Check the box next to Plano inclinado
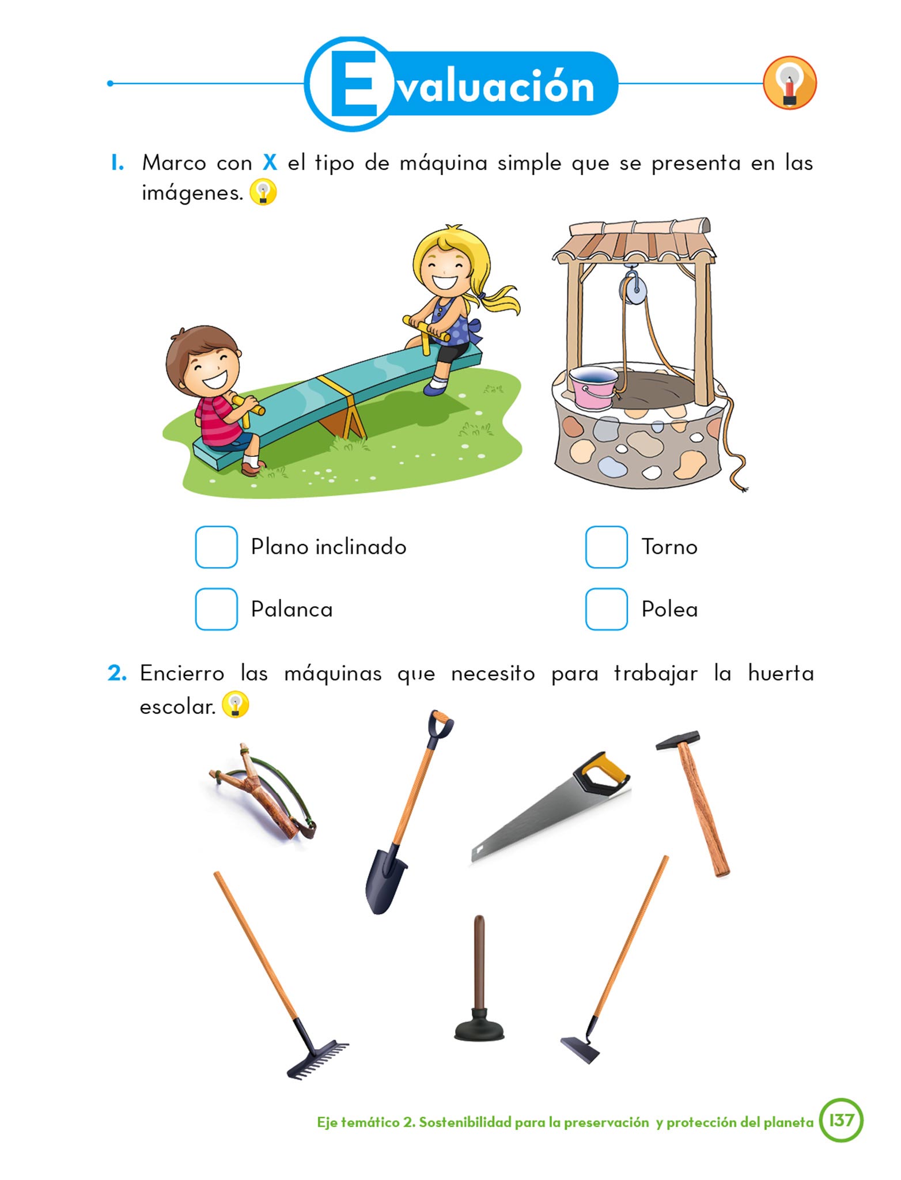click(216, 547)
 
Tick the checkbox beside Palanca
click(216, 609)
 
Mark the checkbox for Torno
click(606, 547)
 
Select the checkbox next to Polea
click(606, 609)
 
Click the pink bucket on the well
click(593, 387)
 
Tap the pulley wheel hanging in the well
click(633, 288)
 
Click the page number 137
click(841, 1120)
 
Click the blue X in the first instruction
click(270, 163)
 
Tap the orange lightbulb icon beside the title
click(790, 83)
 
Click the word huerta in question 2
click(781, 673)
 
